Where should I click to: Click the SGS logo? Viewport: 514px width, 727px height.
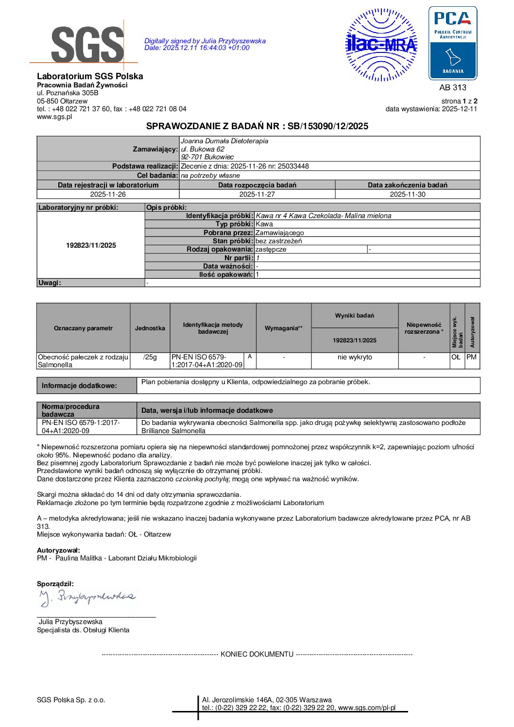[x=87, y=45]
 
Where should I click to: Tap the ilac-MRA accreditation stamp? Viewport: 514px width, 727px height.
[x=381, y=45]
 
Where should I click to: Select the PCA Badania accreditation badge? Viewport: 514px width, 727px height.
[x=452, y=43]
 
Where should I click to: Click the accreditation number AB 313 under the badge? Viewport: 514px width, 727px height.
[x=452, y=87]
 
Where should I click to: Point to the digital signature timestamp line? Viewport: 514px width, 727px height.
[x=197, y=48]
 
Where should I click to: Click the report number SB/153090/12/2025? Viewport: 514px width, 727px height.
[x=328, y=126]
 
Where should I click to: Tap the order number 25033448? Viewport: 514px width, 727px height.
[x=293, y=166]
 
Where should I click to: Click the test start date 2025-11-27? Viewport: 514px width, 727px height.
[x=257, y=194]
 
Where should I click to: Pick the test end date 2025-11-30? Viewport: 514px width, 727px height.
[x=407, y=194]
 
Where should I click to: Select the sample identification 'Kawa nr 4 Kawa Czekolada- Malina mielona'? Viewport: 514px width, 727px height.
[x=323, y=216]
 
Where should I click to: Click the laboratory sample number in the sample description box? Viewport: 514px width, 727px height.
[x=91, y=245]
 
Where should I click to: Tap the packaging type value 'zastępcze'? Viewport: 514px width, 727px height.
[x=271, y=249]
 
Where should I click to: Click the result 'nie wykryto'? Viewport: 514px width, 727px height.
[x=355, y=357]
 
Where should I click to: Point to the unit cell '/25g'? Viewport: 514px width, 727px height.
[x=150, y=357]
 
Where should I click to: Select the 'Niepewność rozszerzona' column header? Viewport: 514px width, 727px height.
[x=424, y=328]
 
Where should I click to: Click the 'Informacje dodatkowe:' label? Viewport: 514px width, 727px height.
[x=79, y=386]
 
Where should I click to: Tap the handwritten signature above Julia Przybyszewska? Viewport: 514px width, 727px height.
[x=87, y=598]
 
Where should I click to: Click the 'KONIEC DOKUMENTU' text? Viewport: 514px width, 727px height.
[x=257, y=654]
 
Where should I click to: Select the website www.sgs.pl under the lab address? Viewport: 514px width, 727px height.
[x=54, y=117]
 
